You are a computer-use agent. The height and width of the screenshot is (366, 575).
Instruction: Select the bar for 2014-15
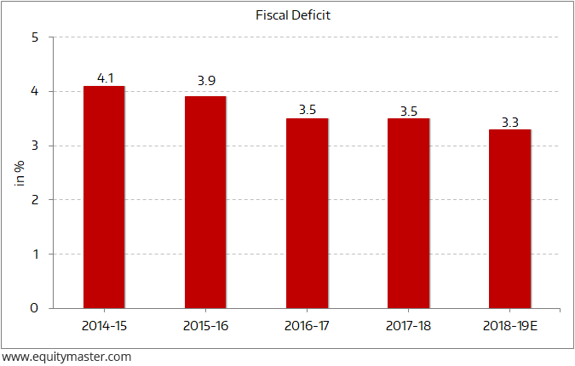(104, 197)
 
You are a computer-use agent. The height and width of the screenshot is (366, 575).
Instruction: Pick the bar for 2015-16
(205, 202)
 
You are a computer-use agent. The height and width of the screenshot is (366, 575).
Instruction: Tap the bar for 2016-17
(307, 213)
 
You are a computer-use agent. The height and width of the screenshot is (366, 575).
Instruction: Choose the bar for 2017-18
(408, 213)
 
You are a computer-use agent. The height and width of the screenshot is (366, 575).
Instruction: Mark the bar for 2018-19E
(509, 218)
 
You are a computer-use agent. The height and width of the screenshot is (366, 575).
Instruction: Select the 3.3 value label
(510, 123)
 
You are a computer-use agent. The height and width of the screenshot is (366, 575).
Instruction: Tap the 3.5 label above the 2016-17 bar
(308, 110)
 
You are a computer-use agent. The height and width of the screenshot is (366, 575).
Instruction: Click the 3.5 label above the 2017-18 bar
(409, 111)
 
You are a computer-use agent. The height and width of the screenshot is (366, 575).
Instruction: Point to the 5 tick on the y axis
(35, 37)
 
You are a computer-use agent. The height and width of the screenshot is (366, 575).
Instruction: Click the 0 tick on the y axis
(35, 307)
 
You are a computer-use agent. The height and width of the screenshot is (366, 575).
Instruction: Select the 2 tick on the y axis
(35, 200)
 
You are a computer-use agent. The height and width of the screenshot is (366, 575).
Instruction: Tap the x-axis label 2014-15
(104, 325)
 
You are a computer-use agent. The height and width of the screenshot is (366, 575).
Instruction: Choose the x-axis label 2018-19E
(509, 325)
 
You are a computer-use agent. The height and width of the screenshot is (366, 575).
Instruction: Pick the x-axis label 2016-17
(307, 325)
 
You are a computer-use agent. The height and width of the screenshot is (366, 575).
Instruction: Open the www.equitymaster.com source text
(66, 357)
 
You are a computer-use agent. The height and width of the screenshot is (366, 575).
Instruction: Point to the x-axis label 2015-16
(205, 325)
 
